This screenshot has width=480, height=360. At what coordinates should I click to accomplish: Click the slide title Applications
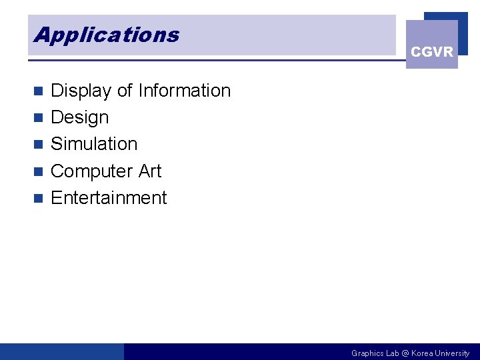(x=107, y=35)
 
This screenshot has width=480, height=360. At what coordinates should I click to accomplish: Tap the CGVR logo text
(x=432, y=52)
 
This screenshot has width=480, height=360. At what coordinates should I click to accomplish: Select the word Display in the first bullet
(x=81, y=91)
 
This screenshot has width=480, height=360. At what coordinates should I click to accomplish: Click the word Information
(x=184, y=91)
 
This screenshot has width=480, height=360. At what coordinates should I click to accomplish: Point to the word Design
(x=79, y=117)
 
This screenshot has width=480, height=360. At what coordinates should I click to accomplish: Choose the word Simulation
(x=94, y=144)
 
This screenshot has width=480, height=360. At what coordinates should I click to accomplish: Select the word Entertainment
(x=109, y=198)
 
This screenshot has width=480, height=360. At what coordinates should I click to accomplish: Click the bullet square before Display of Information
(x=39, y=91)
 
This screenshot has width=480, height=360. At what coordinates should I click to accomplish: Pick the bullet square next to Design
(x=39, y=118)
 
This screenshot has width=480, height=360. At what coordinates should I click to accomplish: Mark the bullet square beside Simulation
(x=39, y=144)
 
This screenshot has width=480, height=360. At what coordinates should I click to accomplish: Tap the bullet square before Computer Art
(x=39, y=171)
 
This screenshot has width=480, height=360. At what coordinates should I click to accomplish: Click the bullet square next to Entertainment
(x=39, y=198)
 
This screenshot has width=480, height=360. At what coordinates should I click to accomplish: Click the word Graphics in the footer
(x=367, y=353)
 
